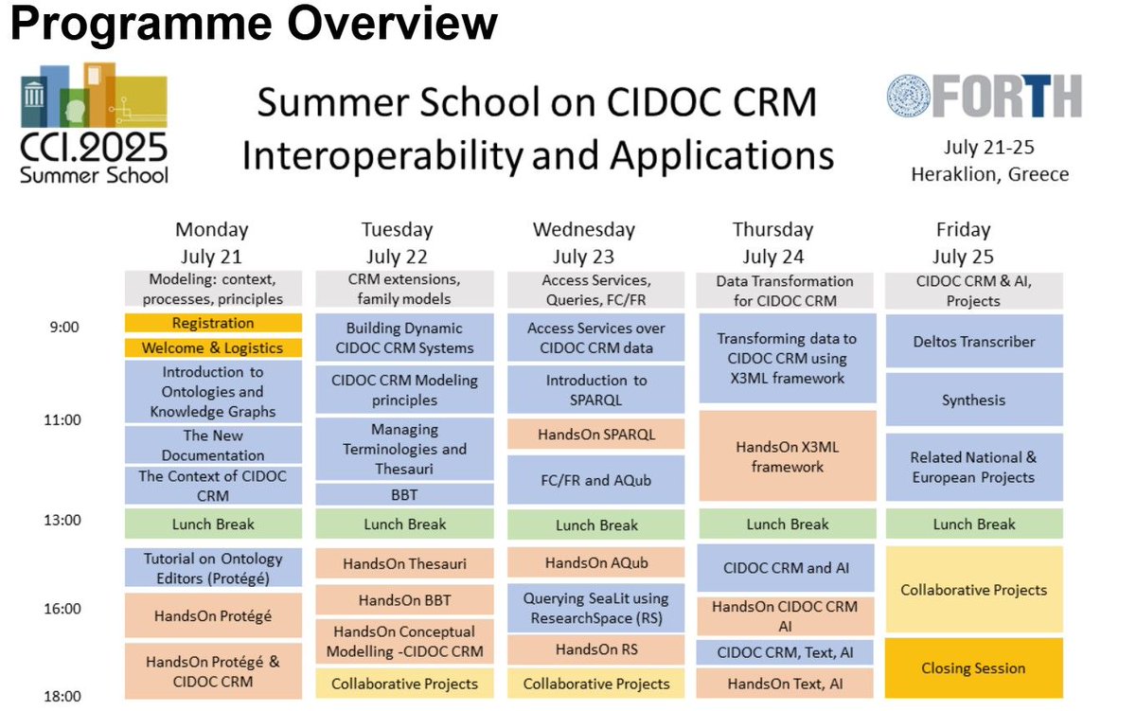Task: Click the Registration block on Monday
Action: [x=213, y=323]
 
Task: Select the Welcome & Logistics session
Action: [x=213, y=347]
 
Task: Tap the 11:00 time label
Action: [x=62, y=420]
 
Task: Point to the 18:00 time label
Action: [x=62, y=696]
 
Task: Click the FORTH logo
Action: [x=985, y=96]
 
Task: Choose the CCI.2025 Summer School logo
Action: [x=94, y=123]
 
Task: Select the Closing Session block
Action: [x=974, y=668]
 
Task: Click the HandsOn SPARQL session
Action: [x=595, y=435]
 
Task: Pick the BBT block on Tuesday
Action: [x=404, y=494]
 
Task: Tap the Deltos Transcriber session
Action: [x=974, y=342]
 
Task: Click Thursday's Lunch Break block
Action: [x=787, y=524]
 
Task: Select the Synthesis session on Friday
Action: [x=974, y=400]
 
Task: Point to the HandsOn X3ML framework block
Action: [x=787, y=456]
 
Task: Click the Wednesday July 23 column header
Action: [x=584, y=243]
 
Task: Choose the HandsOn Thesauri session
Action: [x=404, y=563]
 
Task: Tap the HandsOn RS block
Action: [x=595, y=649]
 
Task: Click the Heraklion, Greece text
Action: [x=989, y=174]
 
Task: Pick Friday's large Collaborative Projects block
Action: [x=974, y=590]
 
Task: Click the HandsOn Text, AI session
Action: [x=785, y=684]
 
